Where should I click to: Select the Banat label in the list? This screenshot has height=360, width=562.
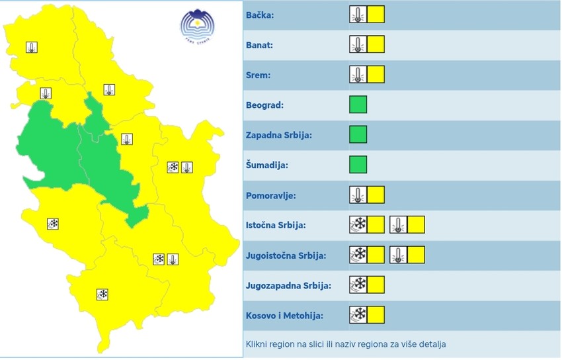click(259, 45)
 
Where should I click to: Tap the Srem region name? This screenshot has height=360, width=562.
click(258, 75)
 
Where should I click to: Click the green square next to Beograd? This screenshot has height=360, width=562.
click(358, 105)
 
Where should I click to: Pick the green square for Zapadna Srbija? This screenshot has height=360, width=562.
click(358, 134)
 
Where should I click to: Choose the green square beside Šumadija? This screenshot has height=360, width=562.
click(358, 164)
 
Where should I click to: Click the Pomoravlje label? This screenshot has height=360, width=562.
click(270, 195)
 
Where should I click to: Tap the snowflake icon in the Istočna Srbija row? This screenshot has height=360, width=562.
click(358, 225)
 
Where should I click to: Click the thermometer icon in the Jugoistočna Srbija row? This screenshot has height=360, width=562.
click(398, 255)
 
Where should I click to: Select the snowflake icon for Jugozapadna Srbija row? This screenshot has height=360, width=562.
click(358, 285)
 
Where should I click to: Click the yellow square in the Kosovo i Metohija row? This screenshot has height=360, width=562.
click(376, 314)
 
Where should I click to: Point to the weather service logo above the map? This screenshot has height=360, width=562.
click(198, 26)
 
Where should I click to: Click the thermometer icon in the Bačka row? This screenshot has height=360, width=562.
click(358, 15)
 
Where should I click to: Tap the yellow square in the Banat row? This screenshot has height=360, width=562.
click(376, 45)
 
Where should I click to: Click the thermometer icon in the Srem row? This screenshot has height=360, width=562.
click(358, 75)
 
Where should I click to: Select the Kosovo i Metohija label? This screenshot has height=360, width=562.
click(284, 316)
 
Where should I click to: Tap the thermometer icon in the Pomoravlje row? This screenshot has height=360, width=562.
click(358, 195)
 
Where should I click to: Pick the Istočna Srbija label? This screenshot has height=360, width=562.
click(275, 225)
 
